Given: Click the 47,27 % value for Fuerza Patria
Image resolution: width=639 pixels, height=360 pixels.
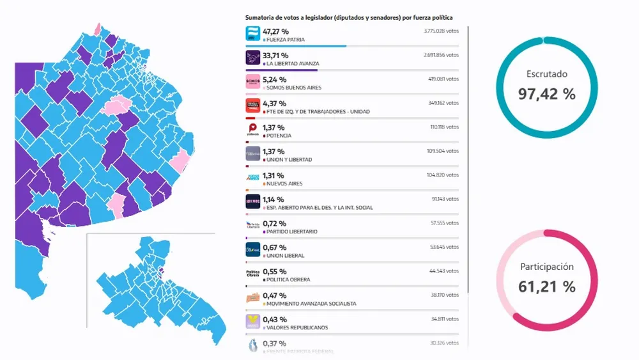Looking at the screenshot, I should tap(275, 31).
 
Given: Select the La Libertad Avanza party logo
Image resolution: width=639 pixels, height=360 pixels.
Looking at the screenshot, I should tap(253, 58).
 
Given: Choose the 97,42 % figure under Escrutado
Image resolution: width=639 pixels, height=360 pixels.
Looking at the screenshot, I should tap(546, 94).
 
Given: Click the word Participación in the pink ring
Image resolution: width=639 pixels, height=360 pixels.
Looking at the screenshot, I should tap(546, 267).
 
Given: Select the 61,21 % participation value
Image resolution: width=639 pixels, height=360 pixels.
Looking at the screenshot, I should tap(546, 287).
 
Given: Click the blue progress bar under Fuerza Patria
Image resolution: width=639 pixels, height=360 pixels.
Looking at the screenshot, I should tap(296, 46).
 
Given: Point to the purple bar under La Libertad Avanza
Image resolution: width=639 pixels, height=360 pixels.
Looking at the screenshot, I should tap(281, 70).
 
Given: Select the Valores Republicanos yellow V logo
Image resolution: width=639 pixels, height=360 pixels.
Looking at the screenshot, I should tap(253, 322).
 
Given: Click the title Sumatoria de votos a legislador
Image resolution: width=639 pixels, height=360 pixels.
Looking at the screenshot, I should tap(349, 18).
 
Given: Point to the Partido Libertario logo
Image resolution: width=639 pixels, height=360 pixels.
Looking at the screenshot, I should tap(253, 226).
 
